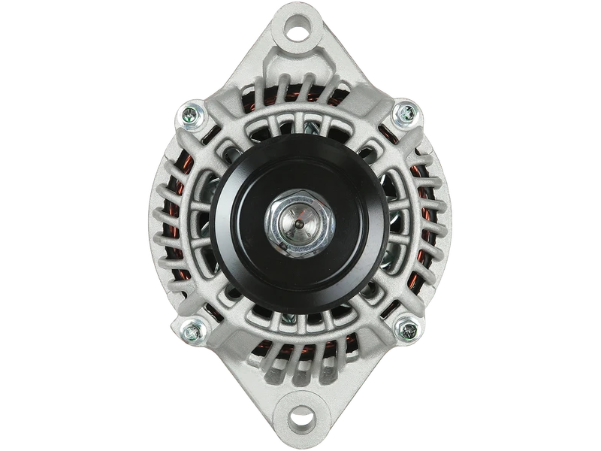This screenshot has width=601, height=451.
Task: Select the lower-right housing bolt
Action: pos(407,328)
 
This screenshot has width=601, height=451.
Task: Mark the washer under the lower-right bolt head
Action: pos(415,328)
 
